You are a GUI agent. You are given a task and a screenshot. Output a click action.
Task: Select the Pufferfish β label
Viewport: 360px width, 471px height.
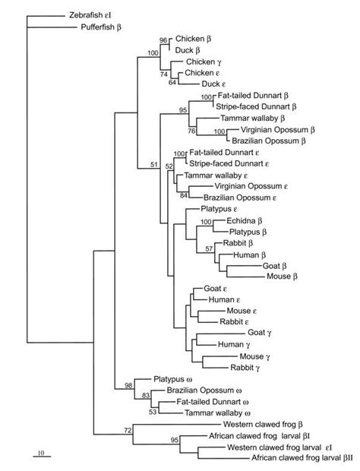click(104, 27)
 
